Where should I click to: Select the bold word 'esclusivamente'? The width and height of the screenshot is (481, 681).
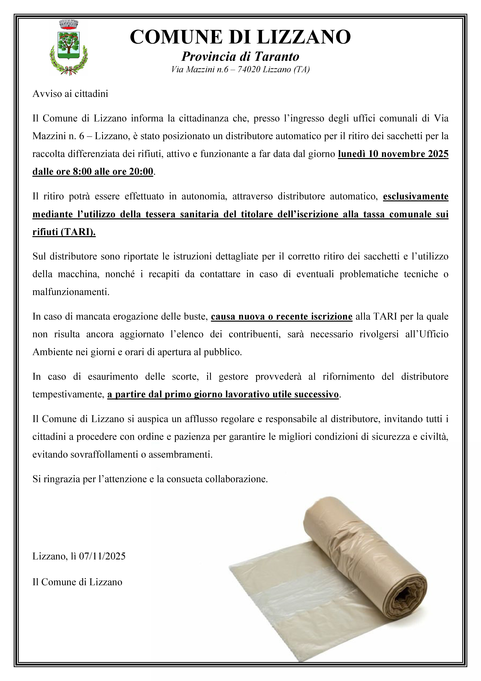coord(415,196)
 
